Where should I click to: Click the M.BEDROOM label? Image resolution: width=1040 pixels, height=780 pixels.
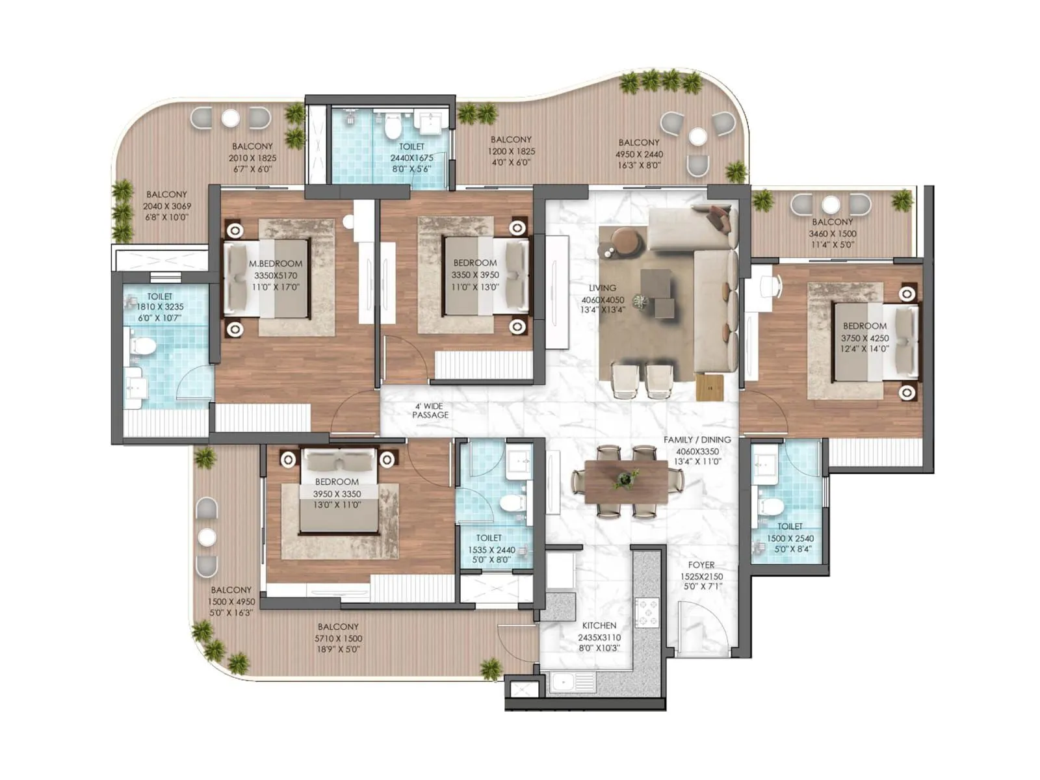[x=276, y=263]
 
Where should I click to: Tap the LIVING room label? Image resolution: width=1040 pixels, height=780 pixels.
[x=603, y=288]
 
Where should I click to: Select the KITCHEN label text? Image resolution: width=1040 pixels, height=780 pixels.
[x=599, y=625]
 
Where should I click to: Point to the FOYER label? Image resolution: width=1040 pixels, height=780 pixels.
[x=701, y=565]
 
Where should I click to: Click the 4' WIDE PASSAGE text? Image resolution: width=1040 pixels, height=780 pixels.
[x=430, y=410]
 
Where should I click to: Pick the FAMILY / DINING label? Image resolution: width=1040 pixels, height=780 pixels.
[x=697, y=439]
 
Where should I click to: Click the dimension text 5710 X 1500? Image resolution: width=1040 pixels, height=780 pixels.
[x=338, y=638]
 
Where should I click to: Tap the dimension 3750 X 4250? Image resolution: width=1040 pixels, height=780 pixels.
[x=864, y=338]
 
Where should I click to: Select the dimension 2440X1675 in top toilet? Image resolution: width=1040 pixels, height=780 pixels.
[x=411, y=158]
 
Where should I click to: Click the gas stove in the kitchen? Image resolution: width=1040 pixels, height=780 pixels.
[x=647, y=612]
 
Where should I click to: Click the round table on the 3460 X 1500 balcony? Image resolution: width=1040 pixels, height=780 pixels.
[x=830, y=205]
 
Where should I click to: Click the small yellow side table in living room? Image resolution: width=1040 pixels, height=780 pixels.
[x=708, y=388]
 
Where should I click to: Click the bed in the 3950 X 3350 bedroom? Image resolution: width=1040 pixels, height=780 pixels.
[x=338, y=494]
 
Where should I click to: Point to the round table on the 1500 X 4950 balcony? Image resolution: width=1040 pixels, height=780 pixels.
[x=207, y=537]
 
